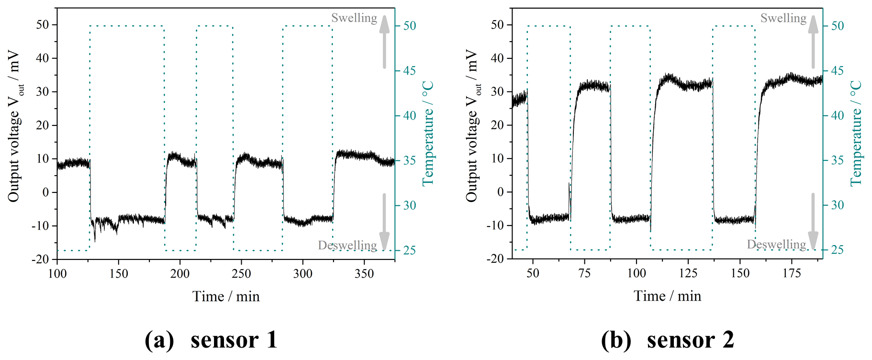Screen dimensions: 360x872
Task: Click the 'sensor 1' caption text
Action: (234, 340)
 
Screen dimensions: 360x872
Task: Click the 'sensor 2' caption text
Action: (690, 340)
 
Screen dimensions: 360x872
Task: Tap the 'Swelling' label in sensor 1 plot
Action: (354, 18)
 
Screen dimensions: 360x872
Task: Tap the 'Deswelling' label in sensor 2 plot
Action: (776, 245)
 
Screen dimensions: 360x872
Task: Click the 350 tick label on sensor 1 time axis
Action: (364, 273)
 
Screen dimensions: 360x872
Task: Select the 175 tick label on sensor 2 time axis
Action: (792, 273)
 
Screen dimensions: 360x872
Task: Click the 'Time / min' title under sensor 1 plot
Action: (226, 296)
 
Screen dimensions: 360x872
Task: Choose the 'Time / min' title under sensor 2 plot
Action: (667, 296)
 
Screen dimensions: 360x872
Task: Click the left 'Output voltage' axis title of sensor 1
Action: (15, 125)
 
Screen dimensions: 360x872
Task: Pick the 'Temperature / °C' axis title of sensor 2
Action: (856, 133)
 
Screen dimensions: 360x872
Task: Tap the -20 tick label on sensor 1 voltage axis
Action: (40, 259)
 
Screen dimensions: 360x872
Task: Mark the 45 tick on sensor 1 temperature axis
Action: (409, 71)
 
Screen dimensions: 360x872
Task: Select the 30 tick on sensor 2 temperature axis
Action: (837, 205)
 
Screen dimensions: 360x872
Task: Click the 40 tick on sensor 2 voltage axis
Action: (498, 58)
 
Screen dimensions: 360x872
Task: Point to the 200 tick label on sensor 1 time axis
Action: (180, 273)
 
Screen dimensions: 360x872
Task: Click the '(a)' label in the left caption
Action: (159, 340)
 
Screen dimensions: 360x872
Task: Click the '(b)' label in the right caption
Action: (615, 340)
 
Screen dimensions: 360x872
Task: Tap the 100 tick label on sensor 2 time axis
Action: (636, 273)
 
